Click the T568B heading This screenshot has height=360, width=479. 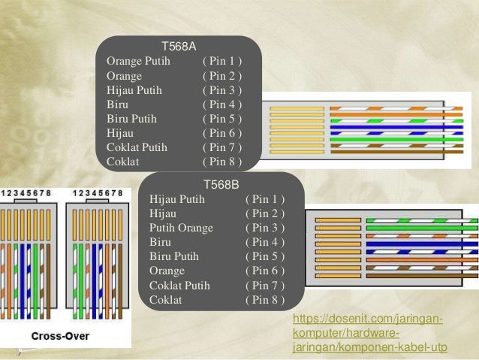[221, 183]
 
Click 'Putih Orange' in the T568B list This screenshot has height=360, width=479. [182, 228]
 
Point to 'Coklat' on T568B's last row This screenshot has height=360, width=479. [166, 300]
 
